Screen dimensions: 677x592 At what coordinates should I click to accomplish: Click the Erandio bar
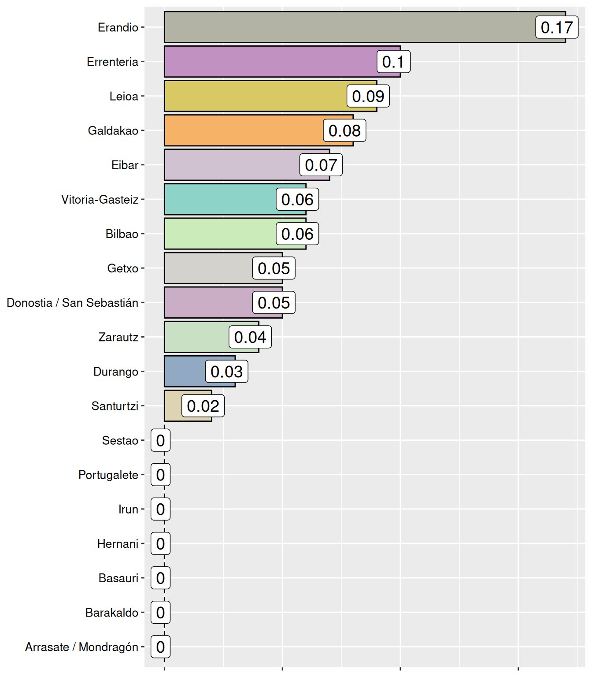coord(348,27)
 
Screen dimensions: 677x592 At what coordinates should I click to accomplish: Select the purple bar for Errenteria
coord(269,62)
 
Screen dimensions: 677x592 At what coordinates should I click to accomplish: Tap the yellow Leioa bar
coord(255,96)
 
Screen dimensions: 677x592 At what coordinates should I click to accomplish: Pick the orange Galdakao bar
coord(242,130)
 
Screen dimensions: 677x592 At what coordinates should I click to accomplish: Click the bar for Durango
coord(185,372)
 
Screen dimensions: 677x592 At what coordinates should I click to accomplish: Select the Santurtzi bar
coord(173,406)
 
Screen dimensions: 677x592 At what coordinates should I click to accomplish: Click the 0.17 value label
coord(556,27)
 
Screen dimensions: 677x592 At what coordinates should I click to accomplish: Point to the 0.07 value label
coord(321,165)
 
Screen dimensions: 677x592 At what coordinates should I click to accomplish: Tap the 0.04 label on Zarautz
coord(250,337)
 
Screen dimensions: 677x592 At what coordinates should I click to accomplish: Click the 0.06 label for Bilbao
coord(297,234)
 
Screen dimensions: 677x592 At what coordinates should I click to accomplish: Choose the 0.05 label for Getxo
coord(274,268)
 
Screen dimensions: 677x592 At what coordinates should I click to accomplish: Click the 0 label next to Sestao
coord(160,440)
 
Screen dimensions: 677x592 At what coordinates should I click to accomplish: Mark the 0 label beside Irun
coord(160,509)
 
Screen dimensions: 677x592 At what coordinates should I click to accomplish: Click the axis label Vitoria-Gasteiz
coord(100,200)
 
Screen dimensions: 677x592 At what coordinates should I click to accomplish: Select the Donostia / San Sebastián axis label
coord(72,303)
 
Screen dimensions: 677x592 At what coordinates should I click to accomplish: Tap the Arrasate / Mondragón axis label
coord(81,647)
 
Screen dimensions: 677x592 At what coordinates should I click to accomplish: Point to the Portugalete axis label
coord(108,475)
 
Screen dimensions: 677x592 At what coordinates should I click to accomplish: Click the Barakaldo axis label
coord(111,613)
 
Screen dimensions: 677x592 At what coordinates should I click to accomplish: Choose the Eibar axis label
coord(125,165)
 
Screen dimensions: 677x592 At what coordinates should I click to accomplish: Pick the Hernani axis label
coord(118,544)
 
